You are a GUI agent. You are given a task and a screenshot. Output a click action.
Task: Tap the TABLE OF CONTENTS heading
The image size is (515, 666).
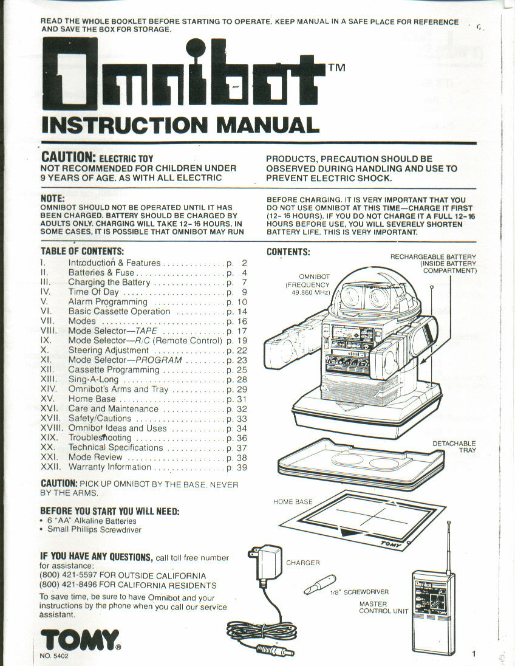[82, 251]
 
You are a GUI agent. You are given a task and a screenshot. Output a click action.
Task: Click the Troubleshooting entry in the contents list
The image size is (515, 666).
[100, 438]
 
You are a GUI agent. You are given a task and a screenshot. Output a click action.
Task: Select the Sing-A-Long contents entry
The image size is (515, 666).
[93, 379]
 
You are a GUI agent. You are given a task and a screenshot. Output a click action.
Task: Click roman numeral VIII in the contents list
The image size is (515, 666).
[49, 331]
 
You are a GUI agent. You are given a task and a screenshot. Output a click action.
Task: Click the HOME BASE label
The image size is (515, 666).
[293, 501]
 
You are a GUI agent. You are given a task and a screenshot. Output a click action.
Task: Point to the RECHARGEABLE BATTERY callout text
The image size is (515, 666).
[433, 264]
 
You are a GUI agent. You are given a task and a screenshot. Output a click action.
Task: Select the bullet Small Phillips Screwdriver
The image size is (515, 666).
[94, 529]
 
